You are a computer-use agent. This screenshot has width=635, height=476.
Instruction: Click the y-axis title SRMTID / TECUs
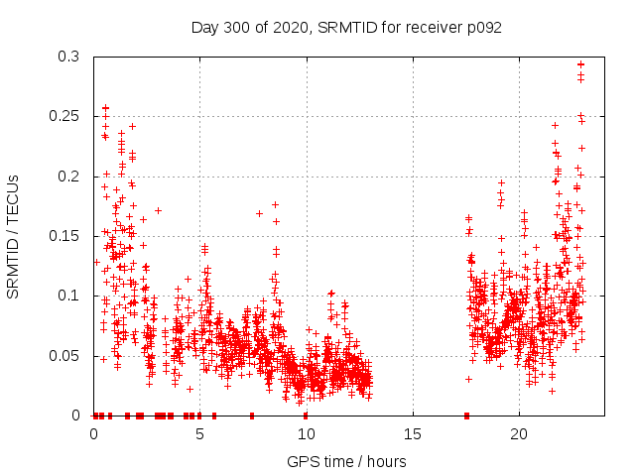click(13, 237)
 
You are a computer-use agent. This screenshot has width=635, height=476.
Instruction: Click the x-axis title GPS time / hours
click(346, 461)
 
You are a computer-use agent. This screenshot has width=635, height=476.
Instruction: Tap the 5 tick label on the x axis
click(200, 434)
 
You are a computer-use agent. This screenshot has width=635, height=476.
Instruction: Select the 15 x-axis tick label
click(413, 434)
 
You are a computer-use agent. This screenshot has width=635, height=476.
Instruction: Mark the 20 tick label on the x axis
click(519, 434)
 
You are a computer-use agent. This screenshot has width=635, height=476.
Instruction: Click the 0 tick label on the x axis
click(93, 434)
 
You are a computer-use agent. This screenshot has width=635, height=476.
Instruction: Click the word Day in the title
click(204, 28)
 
